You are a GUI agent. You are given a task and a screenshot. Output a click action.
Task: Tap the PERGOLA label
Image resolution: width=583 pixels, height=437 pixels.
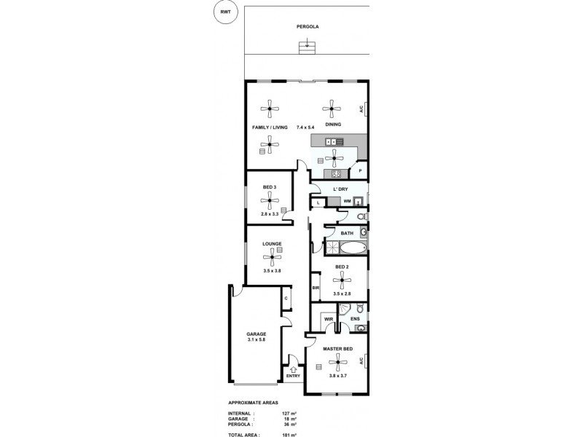[308, 27]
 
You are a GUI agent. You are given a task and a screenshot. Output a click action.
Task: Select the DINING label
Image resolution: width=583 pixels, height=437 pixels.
[333, 125]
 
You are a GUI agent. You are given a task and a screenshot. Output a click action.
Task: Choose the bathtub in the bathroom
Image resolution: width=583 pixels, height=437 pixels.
[345, 248]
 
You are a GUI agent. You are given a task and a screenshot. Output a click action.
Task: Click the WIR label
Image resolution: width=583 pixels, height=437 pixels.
[328, 319]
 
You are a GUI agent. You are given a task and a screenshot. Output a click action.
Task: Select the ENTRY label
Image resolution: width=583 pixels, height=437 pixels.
[293, 377]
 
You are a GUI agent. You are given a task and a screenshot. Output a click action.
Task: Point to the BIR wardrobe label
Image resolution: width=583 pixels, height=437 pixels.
[316, 288]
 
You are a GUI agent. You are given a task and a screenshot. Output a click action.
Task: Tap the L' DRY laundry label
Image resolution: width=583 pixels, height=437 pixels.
[340, 189]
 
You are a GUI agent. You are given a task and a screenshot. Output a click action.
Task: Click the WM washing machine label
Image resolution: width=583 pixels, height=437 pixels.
[348, 201]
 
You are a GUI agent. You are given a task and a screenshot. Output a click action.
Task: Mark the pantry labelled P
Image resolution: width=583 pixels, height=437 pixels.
[360, 171]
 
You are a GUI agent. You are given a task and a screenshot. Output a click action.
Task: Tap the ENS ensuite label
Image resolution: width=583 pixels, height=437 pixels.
[355, 319]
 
